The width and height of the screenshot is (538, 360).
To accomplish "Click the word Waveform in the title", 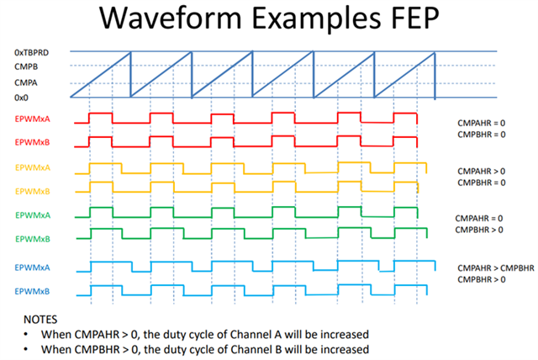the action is pyautogui.click(x=171, y=18).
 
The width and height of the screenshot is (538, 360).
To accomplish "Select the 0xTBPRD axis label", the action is pyautogui.click(x=32, y=52).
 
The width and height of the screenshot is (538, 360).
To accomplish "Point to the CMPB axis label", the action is pyautogui.click(x=26, y=66).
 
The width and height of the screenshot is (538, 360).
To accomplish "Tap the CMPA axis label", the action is pyautogui.click(x=26, y=82).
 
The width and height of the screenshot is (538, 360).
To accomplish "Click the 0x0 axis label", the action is pyautogui.click(x=21, y=98).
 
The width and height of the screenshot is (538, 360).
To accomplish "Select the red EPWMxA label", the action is pyautogui.click(x=32, y=119).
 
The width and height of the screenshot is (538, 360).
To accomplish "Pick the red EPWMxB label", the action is pyautogui.click(x=32, y=142).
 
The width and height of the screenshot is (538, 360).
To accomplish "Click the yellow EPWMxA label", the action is pyautogui.click(x=33, y=167).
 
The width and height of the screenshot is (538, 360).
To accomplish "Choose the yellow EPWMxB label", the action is pyautogui.click(x=33, y=191).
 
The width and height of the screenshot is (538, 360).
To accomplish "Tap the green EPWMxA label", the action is pyautogui.click(x=33, y=215).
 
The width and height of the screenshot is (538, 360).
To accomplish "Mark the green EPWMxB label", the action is pyautogui.click(x=33, y=239).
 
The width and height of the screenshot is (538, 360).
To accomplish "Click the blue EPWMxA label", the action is pyautogui.click(x=32, y=267).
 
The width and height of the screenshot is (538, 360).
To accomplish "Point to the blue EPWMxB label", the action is pyautogui.click(x=32, y=291).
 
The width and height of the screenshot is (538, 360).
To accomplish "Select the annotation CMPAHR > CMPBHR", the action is pyautogui.click(x=496, y=268).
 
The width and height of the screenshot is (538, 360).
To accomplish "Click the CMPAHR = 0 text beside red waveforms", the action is pyautogui.click(x=482, y=123).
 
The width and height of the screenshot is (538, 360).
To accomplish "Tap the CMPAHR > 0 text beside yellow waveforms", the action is pyautogui.click(x=482, y=171).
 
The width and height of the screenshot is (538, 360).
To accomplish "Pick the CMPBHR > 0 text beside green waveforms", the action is pyautogui.click(x=479, y=230).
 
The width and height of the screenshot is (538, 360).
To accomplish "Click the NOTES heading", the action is pyautogui.click(x=40, y=320).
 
